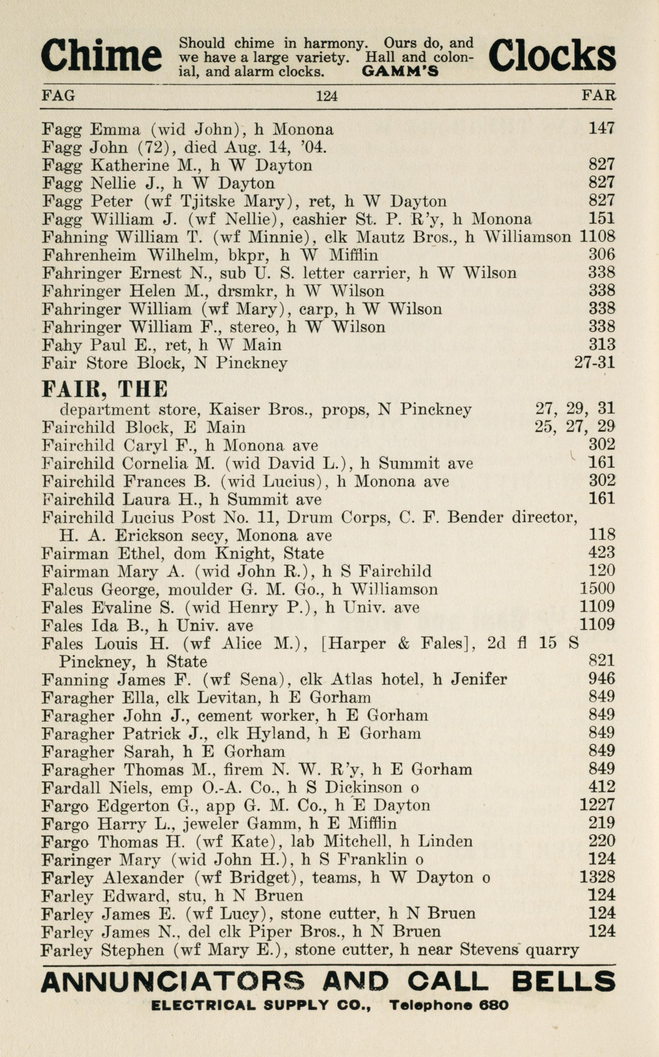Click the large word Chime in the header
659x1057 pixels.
tap(101, 56)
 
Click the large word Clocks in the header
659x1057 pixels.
tap(552, 56)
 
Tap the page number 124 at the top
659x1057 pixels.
tap(327, 95)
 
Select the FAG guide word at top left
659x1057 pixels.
tap(58, 95)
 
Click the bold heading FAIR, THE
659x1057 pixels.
tap(104, 389)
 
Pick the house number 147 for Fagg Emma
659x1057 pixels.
tap(601, 128)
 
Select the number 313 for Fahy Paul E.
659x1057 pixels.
tap(601, 345)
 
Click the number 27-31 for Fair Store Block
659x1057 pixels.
tap(594, 363)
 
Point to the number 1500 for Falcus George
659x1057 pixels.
tap(597, 589)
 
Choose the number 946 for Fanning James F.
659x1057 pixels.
tap(601, 679)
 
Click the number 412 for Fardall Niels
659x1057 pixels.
tap(601, 787)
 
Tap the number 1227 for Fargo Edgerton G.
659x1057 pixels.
tap(597, 805)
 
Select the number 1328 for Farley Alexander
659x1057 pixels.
tap(597, 877)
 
